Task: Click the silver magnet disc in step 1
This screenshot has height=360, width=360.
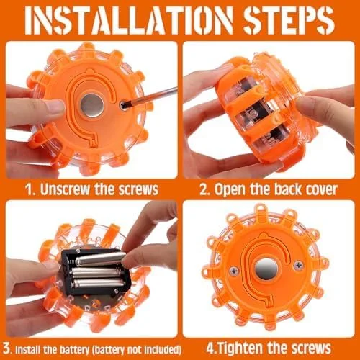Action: coord(92,106)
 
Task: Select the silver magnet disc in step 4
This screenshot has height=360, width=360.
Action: coord(266,269)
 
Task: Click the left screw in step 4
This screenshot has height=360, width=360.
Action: coord(234,271)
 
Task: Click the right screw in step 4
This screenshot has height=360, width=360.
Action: coord(298,266)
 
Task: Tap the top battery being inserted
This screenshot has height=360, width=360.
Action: coord(100,259)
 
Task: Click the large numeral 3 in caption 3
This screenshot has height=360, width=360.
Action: coord(7,348)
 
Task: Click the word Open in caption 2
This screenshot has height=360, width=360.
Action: coord(230,189)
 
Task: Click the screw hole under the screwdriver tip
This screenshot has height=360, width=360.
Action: coord(123,105)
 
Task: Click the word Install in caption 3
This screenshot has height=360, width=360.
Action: coord(27,350)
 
